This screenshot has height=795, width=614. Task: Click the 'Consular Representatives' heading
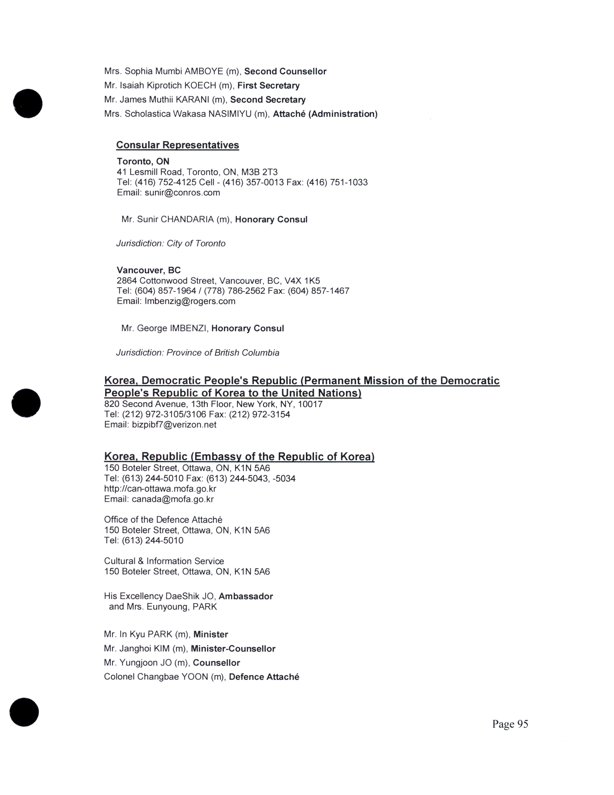coord(177,145)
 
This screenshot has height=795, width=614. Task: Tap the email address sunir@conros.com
coord(182,192)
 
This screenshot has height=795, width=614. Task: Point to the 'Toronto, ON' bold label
coord(143,161)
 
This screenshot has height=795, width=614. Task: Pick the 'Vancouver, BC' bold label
coord(148,270)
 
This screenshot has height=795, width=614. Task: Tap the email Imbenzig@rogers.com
coord(190,301)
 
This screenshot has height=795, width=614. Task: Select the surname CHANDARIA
coord(187,219)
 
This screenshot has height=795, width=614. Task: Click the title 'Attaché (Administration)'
coord(325,114)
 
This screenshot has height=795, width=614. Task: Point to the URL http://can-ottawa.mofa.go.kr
coord(160,489)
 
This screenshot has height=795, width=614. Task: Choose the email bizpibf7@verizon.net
coord(174,424)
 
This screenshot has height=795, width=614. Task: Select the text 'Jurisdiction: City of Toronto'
coord(171,243)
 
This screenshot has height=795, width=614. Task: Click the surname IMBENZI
coord(188,328)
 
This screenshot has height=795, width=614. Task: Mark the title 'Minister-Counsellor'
coord(233,649)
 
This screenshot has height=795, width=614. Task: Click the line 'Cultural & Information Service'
coord(164,561)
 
